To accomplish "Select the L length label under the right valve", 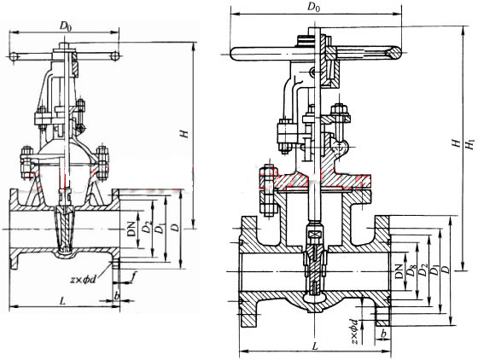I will [315, 345].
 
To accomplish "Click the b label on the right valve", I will [384, 334].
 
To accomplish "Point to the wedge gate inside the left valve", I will [65, 230].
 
